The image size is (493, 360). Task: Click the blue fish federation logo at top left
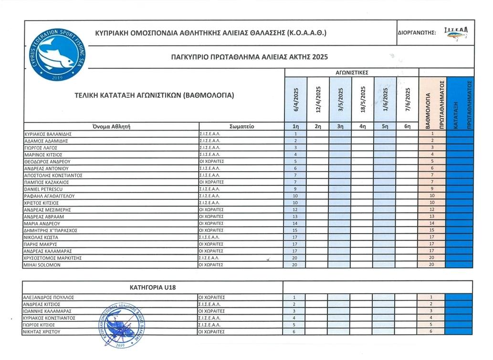pyautogui.click(x=56, y=54)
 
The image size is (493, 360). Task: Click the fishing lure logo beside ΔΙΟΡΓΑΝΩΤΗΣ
pyautogui.click(x=456, y=33)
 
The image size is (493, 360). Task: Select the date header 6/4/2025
pyautogui.click(x=296, y=100)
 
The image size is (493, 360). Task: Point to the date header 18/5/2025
pyautogui.click(x=363, y=100)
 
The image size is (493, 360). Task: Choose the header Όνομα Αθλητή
pyautogui.click(x=111, y=127)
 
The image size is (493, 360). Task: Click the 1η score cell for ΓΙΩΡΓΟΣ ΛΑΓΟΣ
pyautogui.click(x=296, y=148)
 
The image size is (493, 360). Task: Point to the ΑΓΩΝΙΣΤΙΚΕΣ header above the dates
pyautogui.click(x=352, y=72)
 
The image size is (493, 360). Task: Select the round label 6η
pyautogui.click(x=407, y=127)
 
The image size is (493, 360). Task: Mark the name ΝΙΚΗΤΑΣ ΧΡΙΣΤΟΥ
pyautogui.click(x=45, y=331)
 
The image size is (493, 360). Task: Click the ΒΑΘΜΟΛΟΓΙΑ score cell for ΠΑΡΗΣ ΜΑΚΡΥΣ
pyautogui.click(x=431, y=244)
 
